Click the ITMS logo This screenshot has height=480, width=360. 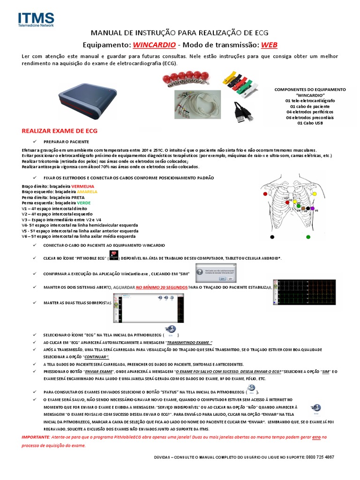point(36,19)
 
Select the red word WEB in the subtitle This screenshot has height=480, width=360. point(269,45)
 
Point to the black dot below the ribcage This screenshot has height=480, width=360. point(272,237)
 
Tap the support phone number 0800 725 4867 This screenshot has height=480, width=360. point(320,457)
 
